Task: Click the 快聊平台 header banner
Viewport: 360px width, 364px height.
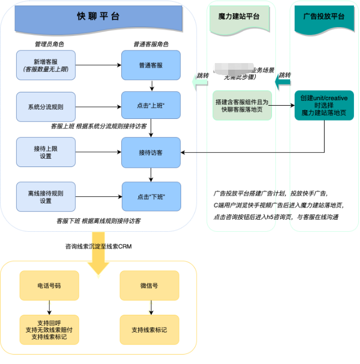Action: point(99,16)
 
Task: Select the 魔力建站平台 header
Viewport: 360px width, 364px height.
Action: point(239,17)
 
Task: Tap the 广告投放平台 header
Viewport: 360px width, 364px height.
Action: point(324,17)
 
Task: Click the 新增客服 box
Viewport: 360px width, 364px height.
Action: point(46,65)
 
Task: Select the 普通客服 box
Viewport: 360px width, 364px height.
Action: point(151,65)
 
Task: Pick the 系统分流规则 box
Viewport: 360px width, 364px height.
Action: point(46,106)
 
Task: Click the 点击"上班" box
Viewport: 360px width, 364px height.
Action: point(151,106)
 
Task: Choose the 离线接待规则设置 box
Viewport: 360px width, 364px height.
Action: point(46,197)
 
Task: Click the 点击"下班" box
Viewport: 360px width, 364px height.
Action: point(151,197)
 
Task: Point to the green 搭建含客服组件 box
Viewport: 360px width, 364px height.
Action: point(243,105)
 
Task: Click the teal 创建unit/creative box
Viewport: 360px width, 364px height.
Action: point(324,105)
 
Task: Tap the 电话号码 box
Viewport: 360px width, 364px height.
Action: point(49,285)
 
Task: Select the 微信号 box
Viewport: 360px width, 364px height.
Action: point(149,285)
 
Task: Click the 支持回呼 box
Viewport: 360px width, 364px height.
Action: point(49,330)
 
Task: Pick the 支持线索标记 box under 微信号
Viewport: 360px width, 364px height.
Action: point(149,330)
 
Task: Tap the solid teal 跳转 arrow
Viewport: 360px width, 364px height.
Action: point(283,82)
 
